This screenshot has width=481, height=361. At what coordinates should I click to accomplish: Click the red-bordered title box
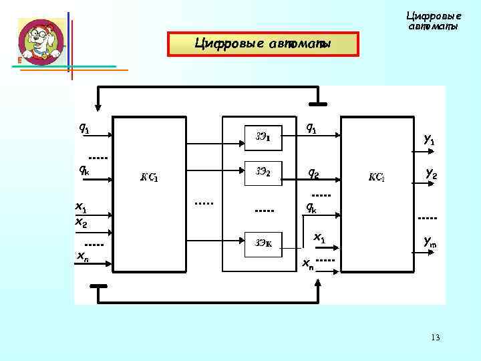(x=263, y=44)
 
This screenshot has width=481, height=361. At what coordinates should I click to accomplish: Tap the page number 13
(x=436, y=338)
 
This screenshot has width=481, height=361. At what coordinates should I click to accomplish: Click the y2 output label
(x=431, y=174)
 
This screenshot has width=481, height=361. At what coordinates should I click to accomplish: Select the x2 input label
(x=81, y=221)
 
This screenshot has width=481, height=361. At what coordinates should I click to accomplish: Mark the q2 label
(x=313, y=173)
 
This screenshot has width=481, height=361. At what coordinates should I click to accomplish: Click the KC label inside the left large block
(x=148, y=178)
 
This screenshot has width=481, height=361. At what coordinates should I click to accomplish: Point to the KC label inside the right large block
(x=375, y=178)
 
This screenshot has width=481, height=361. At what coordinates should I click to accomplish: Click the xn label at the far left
(x=83, y=256)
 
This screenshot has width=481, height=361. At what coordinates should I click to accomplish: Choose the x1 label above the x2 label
(x=81, y=209)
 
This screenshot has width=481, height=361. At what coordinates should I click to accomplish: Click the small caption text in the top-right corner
(x=434, y=21)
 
